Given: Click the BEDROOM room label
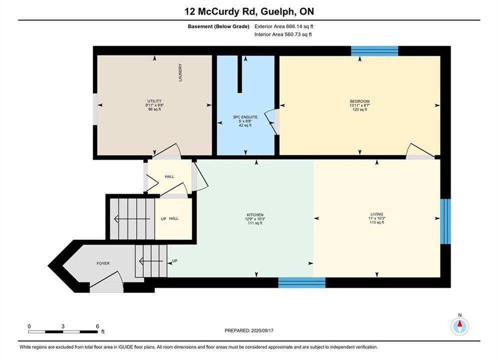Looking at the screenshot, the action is click(x=359, y=101).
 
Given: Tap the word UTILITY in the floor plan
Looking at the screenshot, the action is click(x=154, y=101).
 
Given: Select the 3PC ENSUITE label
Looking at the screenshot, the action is click(x=245, y=117).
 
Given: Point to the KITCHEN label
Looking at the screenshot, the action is click(x=255, y=214).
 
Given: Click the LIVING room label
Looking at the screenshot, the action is click(x=377, y=214).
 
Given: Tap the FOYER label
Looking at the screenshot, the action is click(x=103, y=263).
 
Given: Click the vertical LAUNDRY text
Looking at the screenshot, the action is click(x=180, y=72).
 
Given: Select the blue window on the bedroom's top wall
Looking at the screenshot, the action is click(x=374, y=50).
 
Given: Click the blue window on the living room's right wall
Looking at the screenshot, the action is click(x=445, y=221).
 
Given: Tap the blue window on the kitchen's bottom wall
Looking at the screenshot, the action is click(x=302, y=282).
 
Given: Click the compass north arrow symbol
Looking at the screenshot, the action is click(x=459, y=325).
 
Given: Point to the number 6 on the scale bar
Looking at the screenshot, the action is click(x=98, y=326).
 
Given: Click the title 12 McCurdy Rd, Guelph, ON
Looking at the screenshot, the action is click(x=249, y=11).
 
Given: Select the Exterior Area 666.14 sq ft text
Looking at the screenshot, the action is click(x=284, y=26).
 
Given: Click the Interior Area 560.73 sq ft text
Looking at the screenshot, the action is click(x=283, y=34).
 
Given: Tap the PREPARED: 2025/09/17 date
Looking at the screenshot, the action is click(x=249, y=330).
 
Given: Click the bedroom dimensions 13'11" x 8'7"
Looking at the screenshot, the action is click(x=359, y=105).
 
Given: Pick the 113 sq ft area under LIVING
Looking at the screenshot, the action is click(x=377, y=222).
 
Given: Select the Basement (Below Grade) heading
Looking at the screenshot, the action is click(x=219, y=26).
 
